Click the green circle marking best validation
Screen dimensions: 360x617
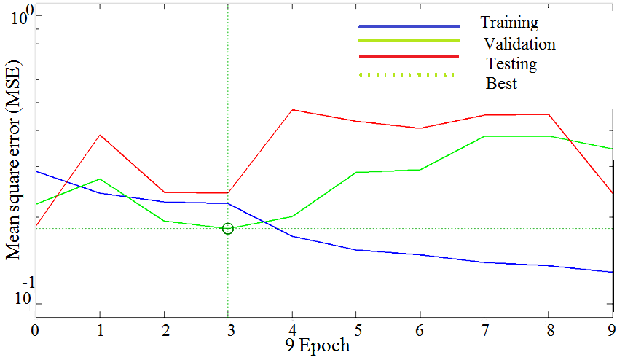click(228, 229)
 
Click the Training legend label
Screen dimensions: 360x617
click(509, 23)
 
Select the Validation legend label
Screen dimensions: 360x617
click(519, 44)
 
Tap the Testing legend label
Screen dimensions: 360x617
click(511, 64)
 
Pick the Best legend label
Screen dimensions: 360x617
click(501, 84)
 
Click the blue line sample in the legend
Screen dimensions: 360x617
click(409, 26)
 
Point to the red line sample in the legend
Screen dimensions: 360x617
click(409, 56)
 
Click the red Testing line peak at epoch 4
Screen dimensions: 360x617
click(292, 109)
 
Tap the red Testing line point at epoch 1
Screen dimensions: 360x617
click(99, 135)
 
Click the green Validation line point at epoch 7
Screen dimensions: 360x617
click(486, 136)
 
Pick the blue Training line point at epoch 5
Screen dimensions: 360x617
click(357, 250)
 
